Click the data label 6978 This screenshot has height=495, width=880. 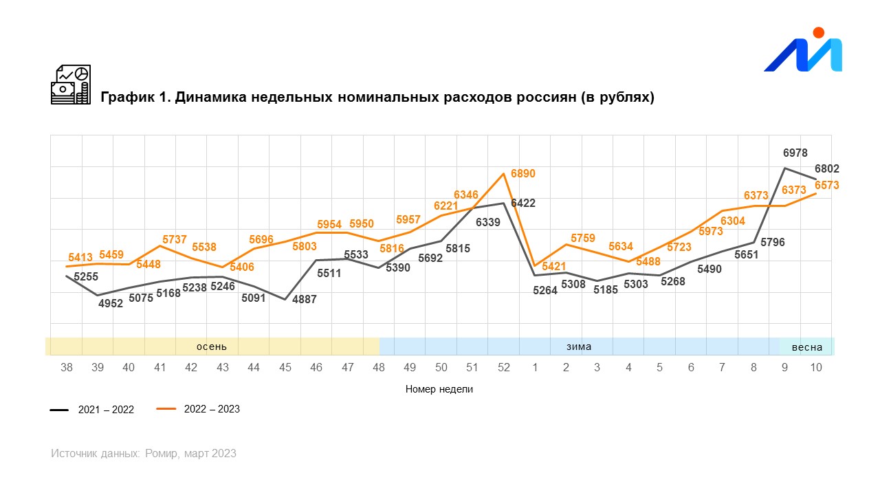click(795, 153)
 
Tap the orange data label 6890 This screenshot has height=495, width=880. click(522, 174)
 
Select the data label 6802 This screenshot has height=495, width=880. click(826, 168)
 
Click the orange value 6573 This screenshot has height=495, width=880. click(826, 186)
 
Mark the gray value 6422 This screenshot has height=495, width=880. click(523, 203)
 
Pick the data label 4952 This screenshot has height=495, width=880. click(110, 303)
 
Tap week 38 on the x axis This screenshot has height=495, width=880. click(67, 367)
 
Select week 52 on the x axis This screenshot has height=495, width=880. click(504, 367)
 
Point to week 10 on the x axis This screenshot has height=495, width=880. click(816, 367)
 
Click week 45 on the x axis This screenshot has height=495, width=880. click(285, 367)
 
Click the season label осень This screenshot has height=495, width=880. click(212, 346)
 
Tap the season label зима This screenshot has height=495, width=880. click(579, 346)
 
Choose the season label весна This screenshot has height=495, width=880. click(807, 347)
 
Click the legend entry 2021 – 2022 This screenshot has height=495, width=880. click(105, 410)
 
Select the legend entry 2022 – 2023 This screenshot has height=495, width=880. click(212, 409)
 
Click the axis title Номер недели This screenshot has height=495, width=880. click(439, 389)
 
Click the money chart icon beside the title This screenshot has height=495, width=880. click(71, 85)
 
